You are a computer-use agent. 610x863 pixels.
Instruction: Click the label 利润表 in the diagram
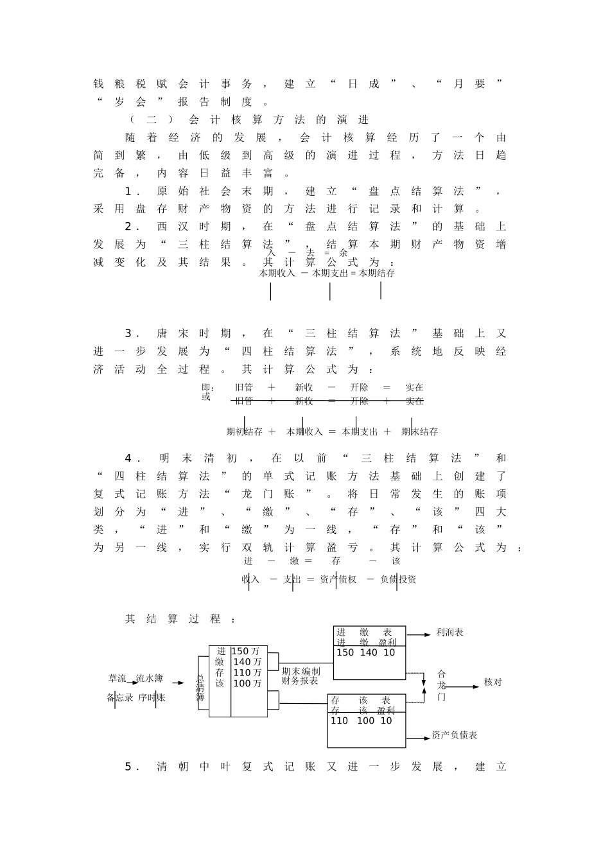tap(449, 632)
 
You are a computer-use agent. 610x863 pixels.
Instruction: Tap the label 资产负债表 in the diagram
tap(455, 735)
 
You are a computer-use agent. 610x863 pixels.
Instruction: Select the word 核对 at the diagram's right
tap(493, 683)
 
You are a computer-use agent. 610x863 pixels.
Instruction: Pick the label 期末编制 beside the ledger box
tap(301, 672)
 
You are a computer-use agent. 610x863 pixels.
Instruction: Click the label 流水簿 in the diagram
tap(150, 678)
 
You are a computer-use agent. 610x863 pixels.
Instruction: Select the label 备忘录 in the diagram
tap(120, 697)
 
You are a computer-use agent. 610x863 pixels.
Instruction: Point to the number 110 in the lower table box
tap(339, 721)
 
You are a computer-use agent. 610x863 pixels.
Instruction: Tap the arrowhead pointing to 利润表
tap(427, 634)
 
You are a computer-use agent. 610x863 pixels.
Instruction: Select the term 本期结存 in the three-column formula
tap(377, 273)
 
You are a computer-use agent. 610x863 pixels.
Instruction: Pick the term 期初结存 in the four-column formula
tap(245, 431)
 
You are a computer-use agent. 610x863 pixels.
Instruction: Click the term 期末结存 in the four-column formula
tap(420, 431)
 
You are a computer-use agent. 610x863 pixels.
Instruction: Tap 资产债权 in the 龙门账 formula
tap(338, 579)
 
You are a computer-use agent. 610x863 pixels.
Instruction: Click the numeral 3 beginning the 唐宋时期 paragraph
tap(128, 333)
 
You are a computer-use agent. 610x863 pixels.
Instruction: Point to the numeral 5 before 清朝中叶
tap(128, 767)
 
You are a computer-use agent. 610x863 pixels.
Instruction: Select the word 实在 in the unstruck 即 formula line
tap(414, 387)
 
